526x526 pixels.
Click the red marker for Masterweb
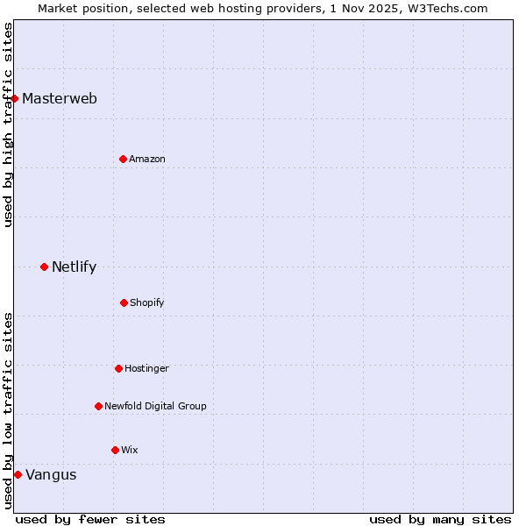(15, 98)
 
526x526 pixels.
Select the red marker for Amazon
(123, 159)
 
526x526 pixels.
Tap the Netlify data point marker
(44, 267)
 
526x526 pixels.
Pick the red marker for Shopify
(124, 302)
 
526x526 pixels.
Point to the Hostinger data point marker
(118, 368)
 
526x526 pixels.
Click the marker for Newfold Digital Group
(98, 406)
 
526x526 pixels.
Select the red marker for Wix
(115, 450)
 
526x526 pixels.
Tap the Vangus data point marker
(18, 474)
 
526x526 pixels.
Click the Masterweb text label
(60, 98)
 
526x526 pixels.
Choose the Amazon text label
(147, 159)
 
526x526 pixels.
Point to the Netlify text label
(74, 267)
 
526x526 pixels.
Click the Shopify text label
(147, 302)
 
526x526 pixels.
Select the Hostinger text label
(146, 368)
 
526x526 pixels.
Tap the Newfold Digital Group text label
(155, 406)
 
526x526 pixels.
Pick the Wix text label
(130, 450)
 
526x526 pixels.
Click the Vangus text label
(51, 475)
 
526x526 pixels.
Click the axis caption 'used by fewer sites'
(90, 519)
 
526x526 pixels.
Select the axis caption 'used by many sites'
(440, 519)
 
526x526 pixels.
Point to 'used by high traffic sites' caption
(8, 124)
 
